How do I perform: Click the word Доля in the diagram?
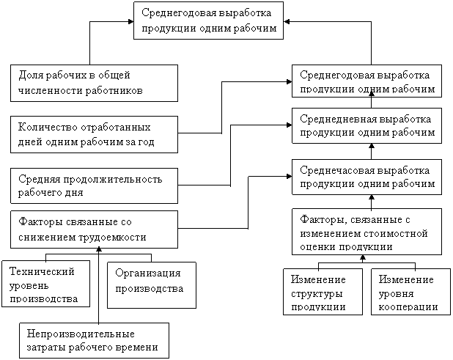pyautogui.click(x=32, y=76)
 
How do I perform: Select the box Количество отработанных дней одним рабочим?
pyautogui.click(x=94, y=134)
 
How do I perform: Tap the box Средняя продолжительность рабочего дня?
pyautogui.click(x=94, y=185)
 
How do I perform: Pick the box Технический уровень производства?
pyautogui.click(x=45, y=284)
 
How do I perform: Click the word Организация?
pyautogui.click(x=148, y=273)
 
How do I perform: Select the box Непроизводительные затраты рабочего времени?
pyautogui.click(x=94, y=340)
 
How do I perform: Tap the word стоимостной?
pyautogui.click(x=397, y=233)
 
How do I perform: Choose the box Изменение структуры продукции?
pyautogui.click(x=323, y=292)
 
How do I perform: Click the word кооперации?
pyautogui.click(x=408, y=306)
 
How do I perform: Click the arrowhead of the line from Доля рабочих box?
pyautogui.click(x=131, y=21)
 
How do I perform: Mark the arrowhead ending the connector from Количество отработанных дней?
pyautogui.click(x=290, y=82)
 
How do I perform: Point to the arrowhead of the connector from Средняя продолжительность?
pyautogui.click(x=290, y=125)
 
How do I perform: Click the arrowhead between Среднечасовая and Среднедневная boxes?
pyautogui.click(x=372, y=146)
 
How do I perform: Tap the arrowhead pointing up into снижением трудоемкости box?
pyautogui.click(x=99, y=249)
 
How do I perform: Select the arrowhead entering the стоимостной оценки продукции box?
pyautogui.click(x=363, y=257)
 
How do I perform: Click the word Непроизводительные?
pyautogui.click(x=81, y=334)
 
